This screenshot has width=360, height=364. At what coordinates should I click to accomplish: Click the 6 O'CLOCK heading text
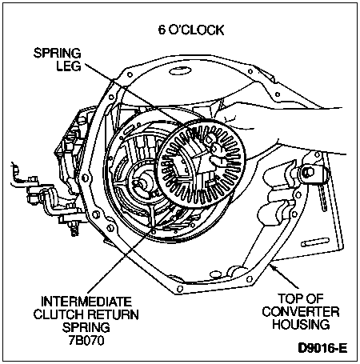[x=191, y=30]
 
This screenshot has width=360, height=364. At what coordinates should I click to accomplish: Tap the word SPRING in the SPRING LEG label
[x=57, y=53]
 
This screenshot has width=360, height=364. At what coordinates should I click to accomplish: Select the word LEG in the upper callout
[x=69, y=66]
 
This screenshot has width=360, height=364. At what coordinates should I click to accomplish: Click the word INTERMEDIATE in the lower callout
[x=86, y=302]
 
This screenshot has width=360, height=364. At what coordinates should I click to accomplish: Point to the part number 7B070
[x=86, y=340]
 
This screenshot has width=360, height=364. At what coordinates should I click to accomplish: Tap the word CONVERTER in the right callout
[x=301, y=312]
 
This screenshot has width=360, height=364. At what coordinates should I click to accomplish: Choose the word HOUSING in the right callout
[x=301, y=325]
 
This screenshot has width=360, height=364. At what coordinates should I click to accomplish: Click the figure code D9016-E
[x=322, y=348]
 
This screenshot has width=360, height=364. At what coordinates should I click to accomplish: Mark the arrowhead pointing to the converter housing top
[x=273, y=267]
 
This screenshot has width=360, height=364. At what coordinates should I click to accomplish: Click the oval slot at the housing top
[x=180, y=71]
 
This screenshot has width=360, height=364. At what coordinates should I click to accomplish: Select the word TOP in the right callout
[x=287, y=299]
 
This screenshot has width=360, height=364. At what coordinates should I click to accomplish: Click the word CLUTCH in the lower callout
[x=59, y=314]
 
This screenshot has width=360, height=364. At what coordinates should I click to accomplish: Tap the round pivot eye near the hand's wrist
[x=308, y=172]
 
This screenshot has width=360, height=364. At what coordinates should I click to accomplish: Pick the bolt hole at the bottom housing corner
[x=180, y=290]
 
